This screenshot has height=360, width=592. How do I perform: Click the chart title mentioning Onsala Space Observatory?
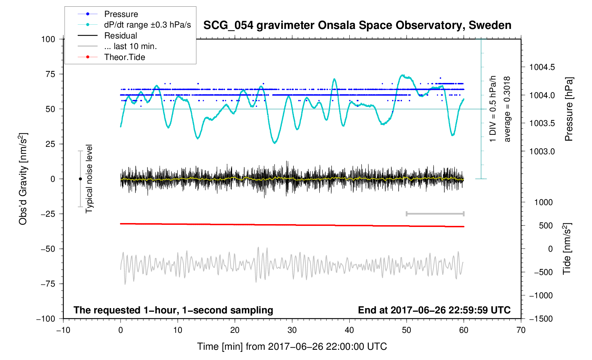pos(357,25)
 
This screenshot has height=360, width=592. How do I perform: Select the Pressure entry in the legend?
pos(121,14)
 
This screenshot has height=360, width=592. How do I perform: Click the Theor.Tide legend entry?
pos(124,57)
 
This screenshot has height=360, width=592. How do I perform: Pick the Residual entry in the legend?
pos(120,36)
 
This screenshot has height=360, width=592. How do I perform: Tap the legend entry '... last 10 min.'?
pos(130,46)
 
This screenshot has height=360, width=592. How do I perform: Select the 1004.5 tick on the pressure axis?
pos(542,67)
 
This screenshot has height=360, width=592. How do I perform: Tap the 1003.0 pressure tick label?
pos(542,151)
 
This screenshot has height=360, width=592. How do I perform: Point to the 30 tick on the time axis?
pos(292,330)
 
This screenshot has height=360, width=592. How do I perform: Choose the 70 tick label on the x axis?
pos(521,330)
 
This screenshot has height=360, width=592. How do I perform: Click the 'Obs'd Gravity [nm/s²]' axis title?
pos(23,179)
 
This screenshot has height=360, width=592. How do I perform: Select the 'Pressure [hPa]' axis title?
pos(568,109)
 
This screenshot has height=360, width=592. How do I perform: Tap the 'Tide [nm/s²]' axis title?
pos(567,249)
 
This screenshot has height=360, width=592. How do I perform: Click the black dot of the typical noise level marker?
pos(80,179)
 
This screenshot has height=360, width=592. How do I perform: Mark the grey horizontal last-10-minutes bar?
pos(435,214)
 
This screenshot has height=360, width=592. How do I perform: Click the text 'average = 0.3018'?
pos(507,109)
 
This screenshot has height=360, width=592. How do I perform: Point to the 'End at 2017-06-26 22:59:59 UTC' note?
pos(434,310)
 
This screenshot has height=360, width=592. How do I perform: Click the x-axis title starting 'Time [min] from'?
pos(292,347)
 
